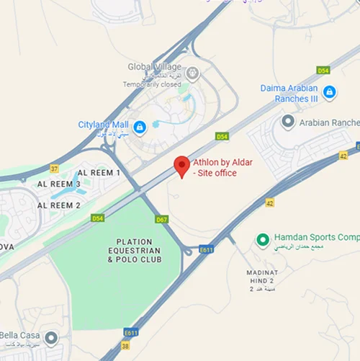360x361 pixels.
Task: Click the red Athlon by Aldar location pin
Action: pyautogui.click(x=182, y=165)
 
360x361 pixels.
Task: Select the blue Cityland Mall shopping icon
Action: pyautogui.click(x=140, y=128)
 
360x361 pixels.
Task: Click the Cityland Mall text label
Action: pyautogui.click(x=103, y=125)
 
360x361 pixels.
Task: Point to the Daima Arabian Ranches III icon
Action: pyautogui.click(x=329, y=92)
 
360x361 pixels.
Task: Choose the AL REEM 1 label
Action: pyautogui.click(x=99, y=174)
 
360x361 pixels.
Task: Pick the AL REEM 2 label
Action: pyautogui.click(x=58, y=205)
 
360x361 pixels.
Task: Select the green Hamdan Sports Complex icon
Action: pyautogui.click(x=264, y=239)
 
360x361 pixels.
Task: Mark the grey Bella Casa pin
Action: pyautogui.click(x=50, y=337)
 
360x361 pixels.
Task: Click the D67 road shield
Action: pyautogui.click(x=161, y=219)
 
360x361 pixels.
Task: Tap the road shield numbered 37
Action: pyautogui.click(x=53, y=169)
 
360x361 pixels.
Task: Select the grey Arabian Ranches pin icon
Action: pyautogui.click(x=288, y=122)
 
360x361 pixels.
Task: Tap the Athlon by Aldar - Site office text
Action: pyautogui.click(x=223, y=168)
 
